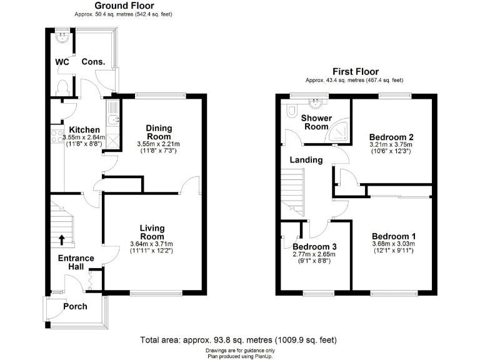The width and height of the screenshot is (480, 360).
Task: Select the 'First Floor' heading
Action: click(354, 72)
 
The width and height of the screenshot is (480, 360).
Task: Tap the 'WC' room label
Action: click(62, 62)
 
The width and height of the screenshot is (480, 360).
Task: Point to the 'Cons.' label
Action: click(93, 62)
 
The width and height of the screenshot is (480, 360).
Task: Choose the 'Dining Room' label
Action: click(159, 132)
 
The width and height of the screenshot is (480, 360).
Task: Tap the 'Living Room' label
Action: click(151, 232)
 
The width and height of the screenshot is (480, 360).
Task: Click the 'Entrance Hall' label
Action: click(76, 262)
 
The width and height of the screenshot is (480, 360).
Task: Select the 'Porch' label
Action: click(75, 307)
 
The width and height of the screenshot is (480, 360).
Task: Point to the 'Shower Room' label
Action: click(316, 122)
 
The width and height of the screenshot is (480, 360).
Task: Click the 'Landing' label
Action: click(306, 160)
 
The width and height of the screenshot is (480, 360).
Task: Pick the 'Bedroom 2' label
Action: click(391, 137)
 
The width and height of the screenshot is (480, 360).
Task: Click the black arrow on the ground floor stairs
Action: click(61, 238)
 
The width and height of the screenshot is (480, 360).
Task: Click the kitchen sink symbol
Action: click(112, 118)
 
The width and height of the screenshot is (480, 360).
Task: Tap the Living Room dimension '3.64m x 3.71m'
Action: click(151, 244)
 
